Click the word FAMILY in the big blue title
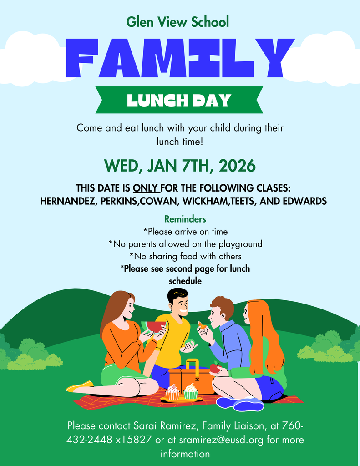(180, 58)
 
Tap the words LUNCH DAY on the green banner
(179, 100)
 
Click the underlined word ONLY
(146, 188)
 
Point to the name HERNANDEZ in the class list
(66, 201)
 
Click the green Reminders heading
(185, 219)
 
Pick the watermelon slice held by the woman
(154, 327)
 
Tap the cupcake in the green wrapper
(191, 391)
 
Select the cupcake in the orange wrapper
(172, 392)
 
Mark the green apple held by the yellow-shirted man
(190, 344)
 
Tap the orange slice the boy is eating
(201, 325)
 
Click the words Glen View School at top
(177, 21)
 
